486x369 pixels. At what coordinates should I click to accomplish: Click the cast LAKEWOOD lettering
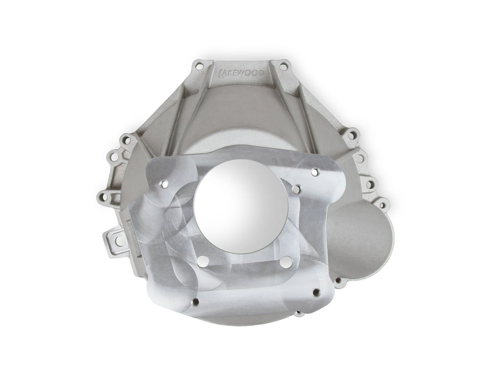[241, 75]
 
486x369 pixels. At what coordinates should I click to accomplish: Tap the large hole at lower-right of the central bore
[284, 262]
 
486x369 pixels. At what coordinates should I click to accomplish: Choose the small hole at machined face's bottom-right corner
[316, 293]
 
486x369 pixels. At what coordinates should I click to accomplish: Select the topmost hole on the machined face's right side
[316, 172]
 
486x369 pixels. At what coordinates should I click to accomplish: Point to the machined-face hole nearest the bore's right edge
[296, 190]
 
